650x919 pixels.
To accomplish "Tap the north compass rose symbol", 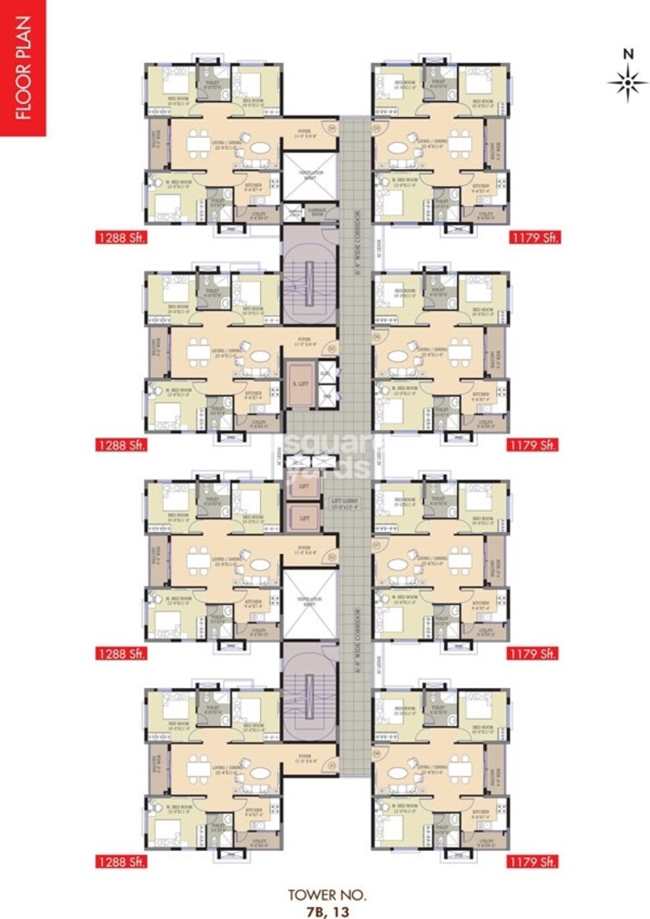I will (x=627, y=84).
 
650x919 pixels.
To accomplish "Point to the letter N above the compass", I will (x=627, y=53).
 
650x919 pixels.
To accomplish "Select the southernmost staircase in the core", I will (x=310, y=690).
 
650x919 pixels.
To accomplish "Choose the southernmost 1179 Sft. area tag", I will (x=535, y=860).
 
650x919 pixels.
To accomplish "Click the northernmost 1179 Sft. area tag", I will (x=535, y=237).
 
